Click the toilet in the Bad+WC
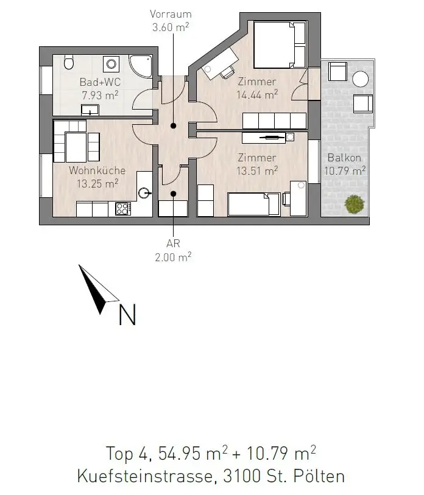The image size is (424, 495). [x=69, y=62]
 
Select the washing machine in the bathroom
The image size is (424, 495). [x=111, y=64]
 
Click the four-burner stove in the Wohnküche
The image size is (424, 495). [x=123, y=209]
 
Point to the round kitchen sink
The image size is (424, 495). [x=145, y=192]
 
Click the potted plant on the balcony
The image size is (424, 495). [x=355, y=204]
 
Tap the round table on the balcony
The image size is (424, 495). [x=360, y=79]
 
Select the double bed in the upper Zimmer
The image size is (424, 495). [x=280, y=44]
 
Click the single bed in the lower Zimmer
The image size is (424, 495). [x=254, y=204]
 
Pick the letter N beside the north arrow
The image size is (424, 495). [x=127, y=314]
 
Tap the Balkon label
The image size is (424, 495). [x=344, y=158]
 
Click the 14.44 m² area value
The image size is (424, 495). [x=257, y=94]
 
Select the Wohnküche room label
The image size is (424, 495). [x=97, y=170]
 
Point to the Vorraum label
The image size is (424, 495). [x=171, y=14]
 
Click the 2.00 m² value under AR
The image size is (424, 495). [x=173, y=257]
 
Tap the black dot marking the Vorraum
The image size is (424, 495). [x=173, y=125]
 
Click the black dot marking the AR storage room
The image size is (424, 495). [x=173, y=194]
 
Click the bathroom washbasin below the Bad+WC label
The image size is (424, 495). [x=90, y=110]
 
